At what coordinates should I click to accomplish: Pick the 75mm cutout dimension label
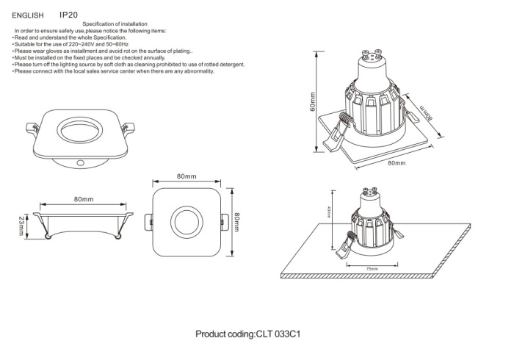(x=372, y=270)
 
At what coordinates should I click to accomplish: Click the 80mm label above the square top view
(x=187, y=177)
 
